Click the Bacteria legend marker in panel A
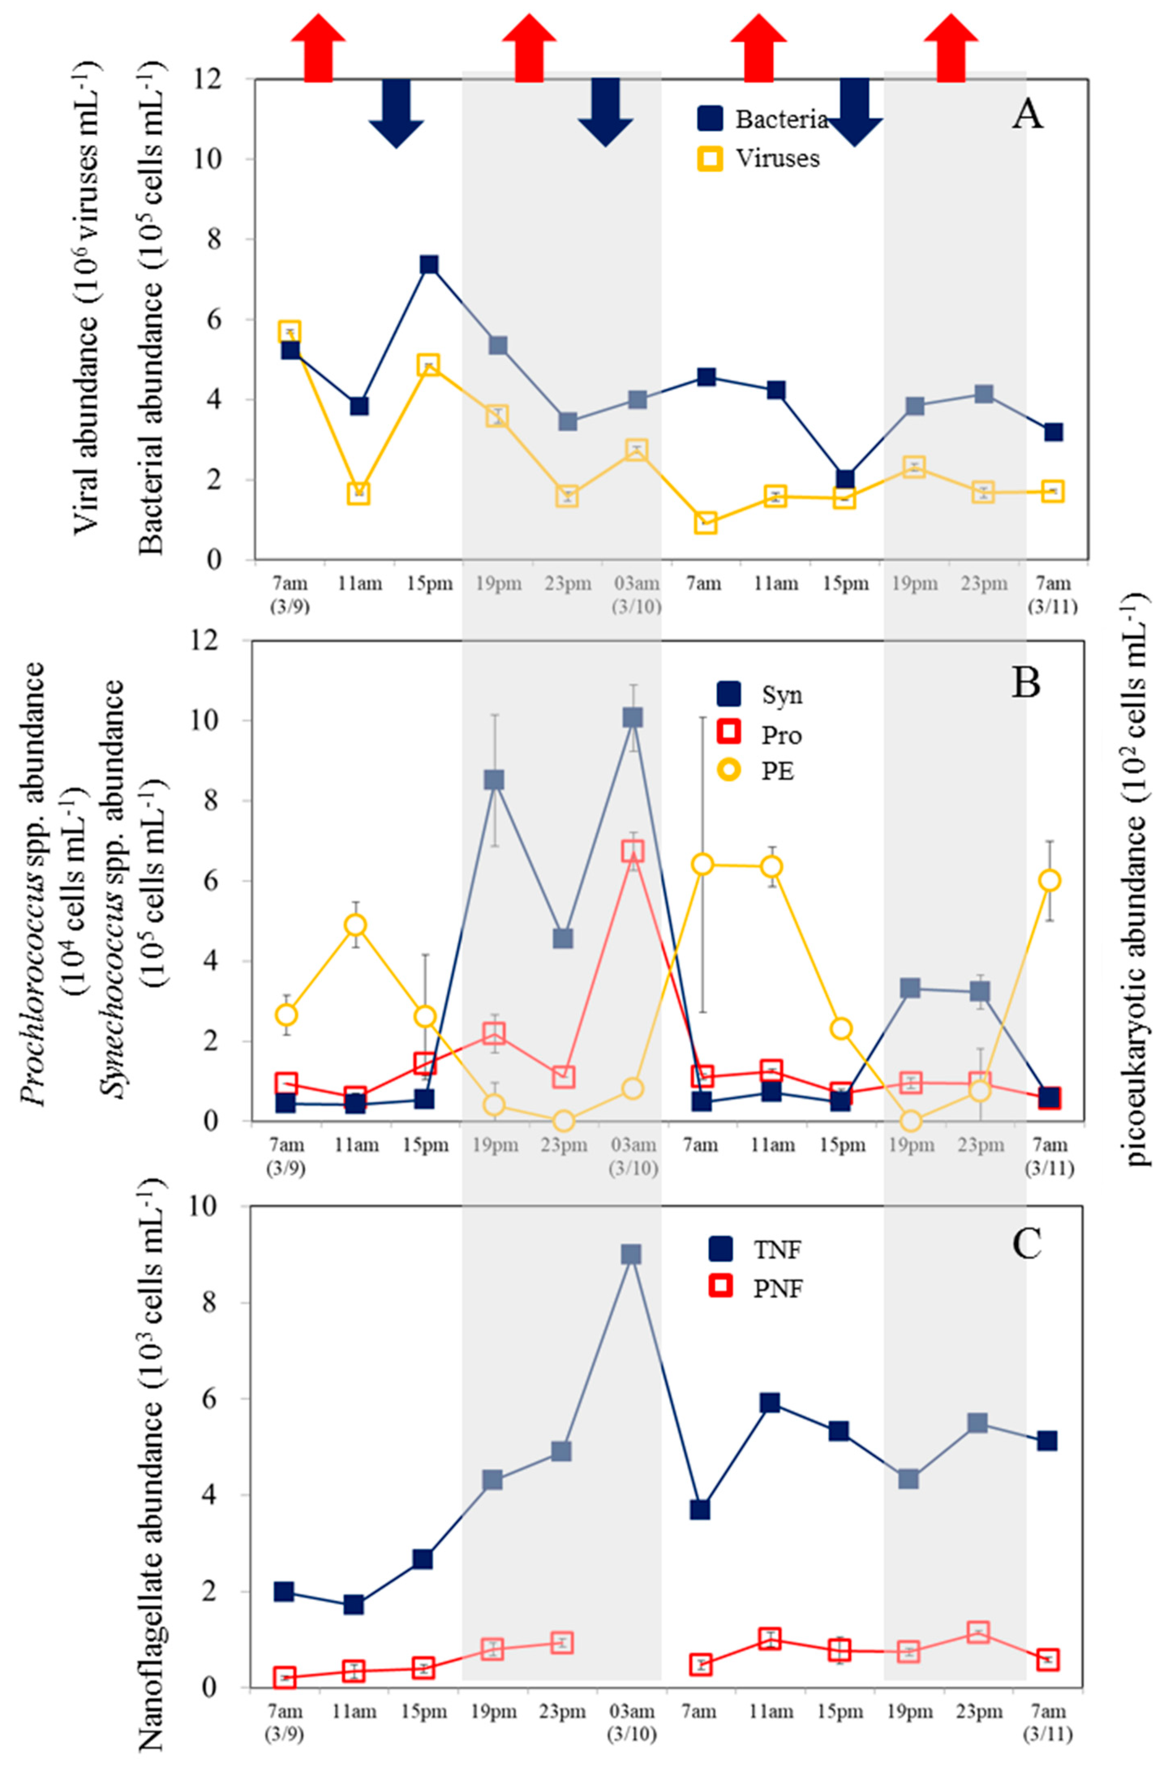(x=710, y=118)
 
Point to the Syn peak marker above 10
(x=633, y=717)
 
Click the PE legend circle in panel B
(x=730, y=771)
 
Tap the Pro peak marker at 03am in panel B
(x=633, y=851)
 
